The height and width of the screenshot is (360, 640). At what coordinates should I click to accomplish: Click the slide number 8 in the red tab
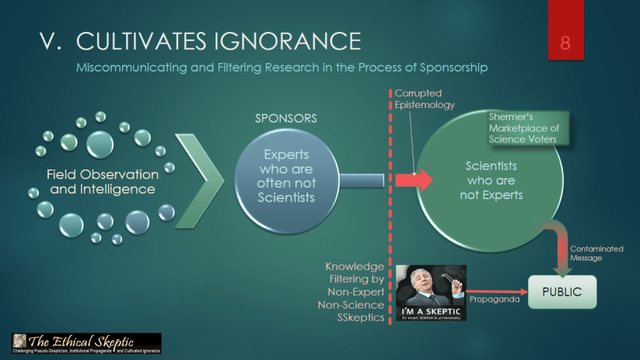565,42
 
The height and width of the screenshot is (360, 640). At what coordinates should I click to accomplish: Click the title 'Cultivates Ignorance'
219,41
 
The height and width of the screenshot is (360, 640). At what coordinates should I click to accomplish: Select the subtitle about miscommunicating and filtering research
282,68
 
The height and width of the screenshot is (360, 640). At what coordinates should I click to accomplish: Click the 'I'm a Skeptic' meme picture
431,293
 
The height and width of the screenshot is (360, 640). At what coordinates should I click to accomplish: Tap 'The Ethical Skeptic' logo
86,343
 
